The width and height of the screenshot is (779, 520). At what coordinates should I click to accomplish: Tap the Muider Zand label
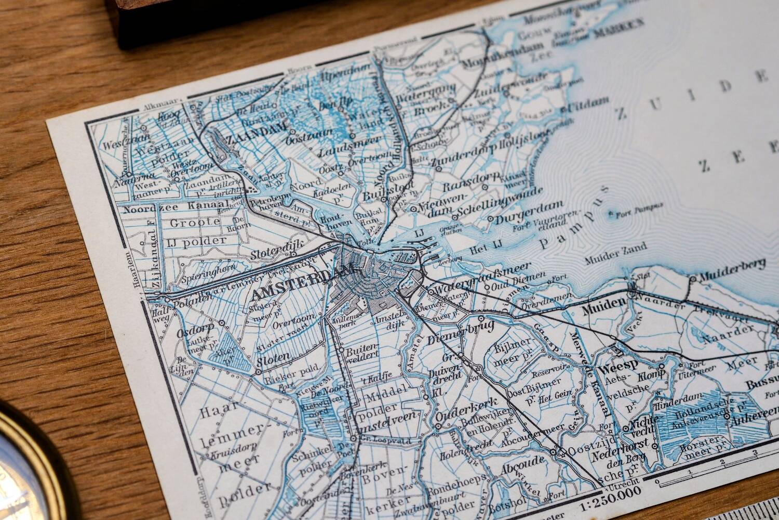[615, 248]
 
